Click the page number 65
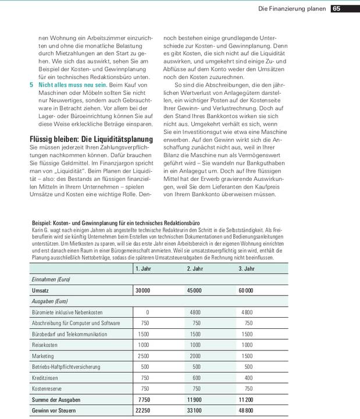pyautogui.click(x=337, y=9)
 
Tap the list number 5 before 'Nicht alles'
pyautogui.click(x=31, y=85)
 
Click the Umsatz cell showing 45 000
pyautogui.click(x=194, y=290)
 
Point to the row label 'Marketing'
pyautogui.click(x=44, y=356)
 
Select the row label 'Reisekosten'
pyautogui.click(x=47, y=345)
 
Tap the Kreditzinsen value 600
pyautogui.click(x=195, y=378)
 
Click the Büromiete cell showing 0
pyautogui.click(x=147, y=312)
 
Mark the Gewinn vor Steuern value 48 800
pyautogui.click(x=245, y=411)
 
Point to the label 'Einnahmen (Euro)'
pyautogui.click(x=51, y=279)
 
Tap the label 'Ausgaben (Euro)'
pyautogui.click(x=49, y=301)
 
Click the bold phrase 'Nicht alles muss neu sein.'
pyautogui.click(x=73, y=85)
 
